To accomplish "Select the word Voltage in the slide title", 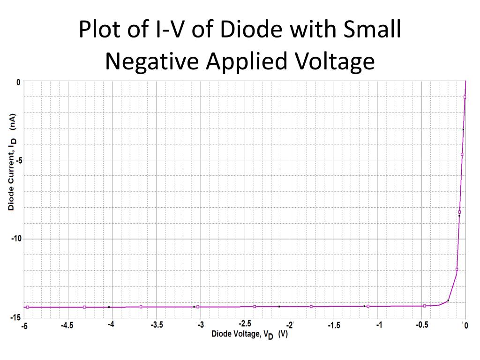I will [335, 61].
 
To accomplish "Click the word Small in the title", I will [374, 30].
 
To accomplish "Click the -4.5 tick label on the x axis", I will [67, 326].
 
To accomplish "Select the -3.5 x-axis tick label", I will [157, 325].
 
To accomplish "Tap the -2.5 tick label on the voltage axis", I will [245, 324].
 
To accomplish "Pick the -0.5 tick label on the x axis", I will [422, 325].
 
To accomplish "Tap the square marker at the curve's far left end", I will [28, 307].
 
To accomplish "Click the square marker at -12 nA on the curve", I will [457, 270].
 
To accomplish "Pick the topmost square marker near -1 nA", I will [465, 97].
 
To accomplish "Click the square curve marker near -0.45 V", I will [425, 306].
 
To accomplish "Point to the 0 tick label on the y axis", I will [18, 82].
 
